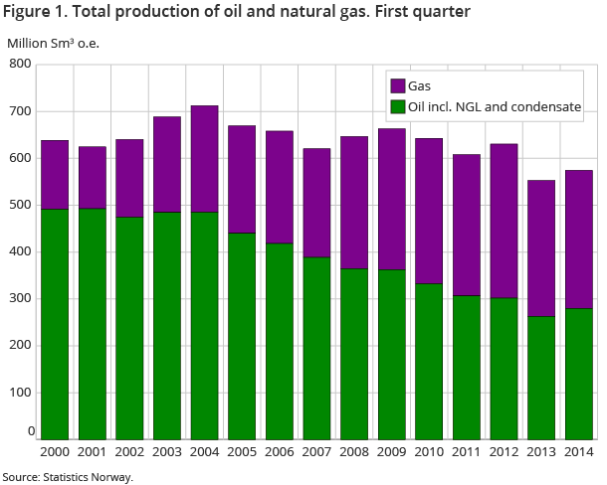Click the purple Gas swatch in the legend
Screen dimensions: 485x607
point(396,86)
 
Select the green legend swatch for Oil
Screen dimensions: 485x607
point(396,105)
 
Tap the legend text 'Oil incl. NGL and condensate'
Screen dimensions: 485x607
point(495,105)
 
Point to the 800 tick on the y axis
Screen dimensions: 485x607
point(21,65)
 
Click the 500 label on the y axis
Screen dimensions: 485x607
point(21,205)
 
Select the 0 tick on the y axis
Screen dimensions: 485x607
point(31,430)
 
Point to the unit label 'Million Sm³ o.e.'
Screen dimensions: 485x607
point(54,43)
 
